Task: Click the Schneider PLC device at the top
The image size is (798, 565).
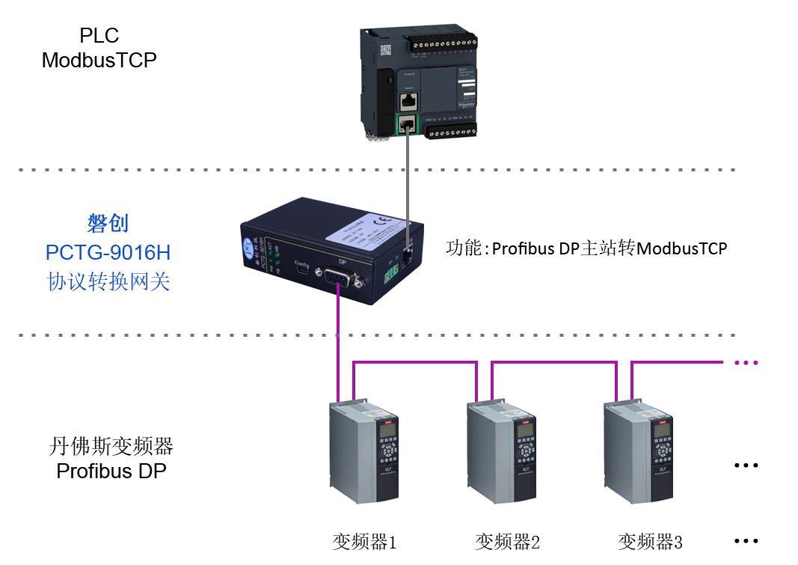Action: [x=419, y=83]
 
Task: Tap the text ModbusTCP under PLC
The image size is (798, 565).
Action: [x=99, y=61]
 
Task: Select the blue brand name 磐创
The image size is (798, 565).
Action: [x=108, y=223]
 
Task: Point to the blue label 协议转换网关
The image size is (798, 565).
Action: [x=108, y=281]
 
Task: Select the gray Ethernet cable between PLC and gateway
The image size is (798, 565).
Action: [x=408, y=187]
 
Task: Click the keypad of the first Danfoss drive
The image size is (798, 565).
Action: [x=387, y=452]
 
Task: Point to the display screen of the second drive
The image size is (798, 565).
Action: [x=525, y=430]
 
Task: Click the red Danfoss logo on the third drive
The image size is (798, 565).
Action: [x=663, y=421]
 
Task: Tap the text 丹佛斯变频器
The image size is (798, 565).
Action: [x=111, y=447]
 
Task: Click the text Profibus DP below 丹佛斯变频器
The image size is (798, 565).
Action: [x=111, y=471]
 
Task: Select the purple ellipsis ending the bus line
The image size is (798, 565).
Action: [x=746, y=363]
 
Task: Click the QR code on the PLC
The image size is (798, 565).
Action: [x=386, y=50]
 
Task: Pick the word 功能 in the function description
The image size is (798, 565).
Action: [x=462, y=248]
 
